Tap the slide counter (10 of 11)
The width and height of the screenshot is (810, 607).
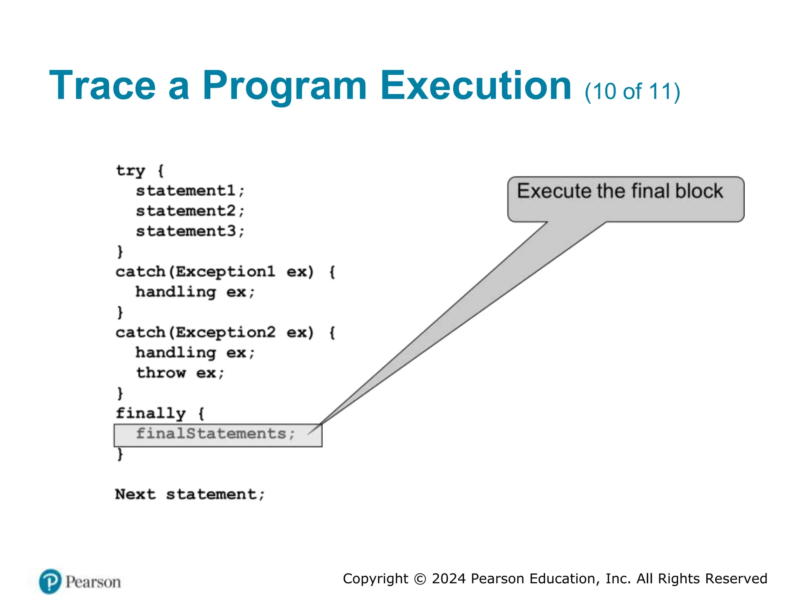coord(632,92)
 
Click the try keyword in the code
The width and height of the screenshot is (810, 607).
coord(131,171)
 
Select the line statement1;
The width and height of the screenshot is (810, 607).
coord(190,191)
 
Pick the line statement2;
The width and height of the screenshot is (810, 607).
coord(190,211)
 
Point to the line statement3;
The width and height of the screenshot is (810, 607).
coord(190,231)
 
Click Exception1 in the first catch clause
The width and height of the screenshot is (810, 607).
coord(225,272)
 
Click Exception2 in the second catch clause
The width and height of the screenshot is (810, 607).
coord(225,332)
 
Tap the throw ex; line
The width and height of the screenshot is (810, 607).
coord(180,373)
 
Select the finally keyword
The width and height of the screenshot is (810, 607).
coord(151,413)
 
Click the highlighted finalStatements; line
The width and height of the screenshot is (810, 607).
coord(216,434)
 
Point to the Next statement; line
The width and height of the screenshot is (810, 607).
coord(190,494)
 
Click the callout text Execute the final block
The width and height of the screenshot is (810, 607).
coord(620,191)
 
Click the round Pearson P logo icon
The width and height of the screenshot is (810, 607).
coord(50,581)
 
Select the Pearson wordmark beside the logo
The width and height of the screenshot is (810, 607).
coord(93,582)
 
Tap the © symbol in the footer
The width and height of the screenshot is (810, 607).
coord(420,579)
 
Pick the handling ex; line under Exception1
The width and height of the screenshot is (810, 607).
coord(195,292)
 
